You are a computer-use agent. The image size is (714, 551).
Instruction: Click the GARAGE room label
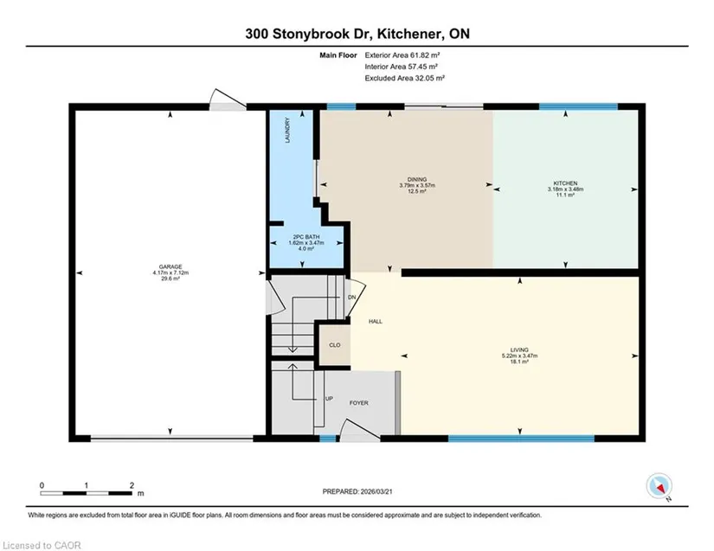point(170,267)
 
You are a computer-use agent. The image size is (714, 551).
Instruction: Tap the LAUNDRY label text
point(287,131)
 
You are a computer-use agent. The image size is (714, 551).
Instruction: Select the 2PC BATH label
point(306,237)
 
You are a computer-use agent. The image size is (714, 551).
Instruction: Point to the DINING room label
point(417,180)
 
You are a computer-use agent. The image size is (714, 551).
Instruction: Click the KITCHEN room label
point(565,183)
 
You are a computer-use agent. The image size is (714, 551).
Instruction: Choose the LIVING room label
point(519,350)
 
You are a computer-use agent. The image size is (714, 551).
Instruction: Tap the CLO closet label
point(335,345)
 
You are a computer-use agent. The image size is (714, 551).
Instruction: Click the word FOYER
point(359,403)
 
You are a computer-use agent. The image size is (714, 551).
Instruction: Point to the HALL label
point(376,322)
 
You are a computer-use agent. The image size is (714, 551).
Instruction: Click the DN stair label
point(351,298)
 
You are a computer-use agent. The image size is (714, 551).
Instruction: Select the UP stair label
point(329,399)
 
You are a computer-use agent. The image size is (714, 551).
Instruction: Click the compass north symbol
point(659,486)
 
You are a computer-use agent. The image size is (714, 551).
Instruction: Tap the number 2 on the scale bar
point(132,485)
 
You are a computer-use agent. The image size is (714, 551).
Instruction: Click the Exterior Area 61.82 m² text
point(402,55)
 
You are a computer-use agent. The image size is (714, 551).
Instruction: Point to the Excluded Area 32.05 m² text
point(404,78)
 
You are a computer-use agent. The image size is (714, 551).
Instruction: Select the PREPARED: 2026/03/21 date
point(357,491)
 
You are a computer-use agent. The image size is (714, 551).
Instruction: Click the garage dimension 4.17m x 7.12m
point(170,273)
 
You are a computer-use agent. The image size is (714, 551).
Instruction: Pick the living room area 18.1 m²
point(519,362)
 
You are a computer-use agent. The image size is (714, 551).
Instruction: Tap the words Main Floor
point(338,55)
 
